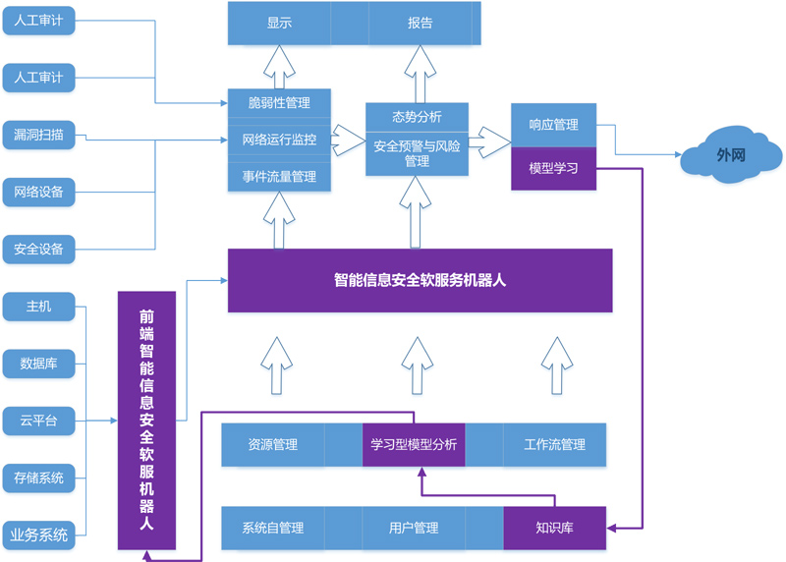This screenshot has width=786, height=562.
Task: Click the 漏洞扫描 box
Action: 39,136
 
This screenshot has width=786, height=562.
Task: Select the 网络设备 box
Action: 39,193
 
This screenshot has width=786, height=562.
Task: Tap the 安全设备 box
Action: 39,250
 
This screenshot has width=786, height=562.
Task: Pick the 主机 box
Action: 39,308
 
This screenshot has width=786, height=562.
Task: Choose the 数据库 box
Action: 39,365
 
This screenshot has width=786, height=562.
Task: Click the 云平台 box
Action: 39,421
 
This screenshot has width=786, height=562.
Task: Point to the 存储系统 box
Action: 39,478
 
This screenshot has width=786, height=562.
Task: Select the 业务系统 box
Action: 39,535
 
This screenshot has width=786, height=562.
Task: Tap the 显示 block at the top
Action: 279,23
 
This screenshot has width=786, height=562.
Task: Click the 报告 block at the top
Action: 421,23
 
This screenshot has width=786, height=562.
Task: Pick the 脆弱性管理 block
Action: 279,103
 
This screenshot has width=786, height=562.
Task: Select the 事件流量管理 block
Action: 279,177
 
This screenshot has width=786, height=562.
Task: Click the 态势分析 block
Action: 417,117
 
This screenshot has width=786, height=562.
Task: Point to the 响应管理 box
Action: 553,125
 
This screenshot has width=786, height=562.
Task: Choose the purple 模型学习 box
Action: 553,168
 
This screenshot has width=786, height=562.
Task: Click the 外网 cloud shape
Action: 731,155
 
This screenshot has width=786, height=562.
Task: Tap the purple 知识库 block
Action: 554,528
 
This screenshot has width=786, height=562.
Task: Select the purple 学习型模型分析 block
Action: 414,444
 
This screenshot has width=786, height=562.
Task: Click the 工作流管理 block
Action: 554,444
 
